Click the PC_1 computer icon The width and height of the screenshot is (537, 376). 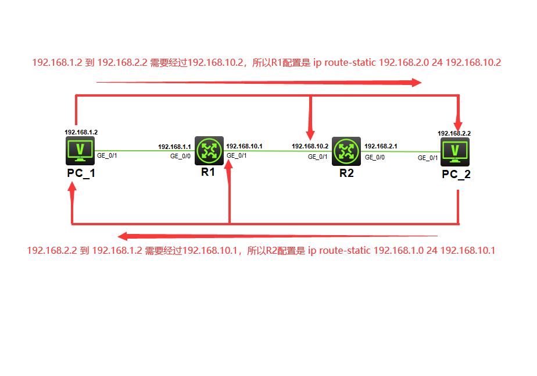pos(81,151)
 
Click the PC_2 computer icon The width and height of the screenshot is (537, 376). pos(456,151)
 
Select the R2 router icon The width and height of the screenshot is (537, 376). pos(346,151)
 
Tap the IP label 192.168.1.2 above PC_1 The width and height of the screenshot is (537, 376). pos(81,132)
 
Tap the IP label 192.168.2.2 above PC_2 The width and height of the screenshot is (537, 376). pos(454,133)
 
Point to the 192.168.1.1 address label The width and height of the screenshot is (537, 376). pos(174,147)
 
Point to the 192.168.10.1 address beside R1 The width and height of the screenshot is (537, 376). pos(244,146)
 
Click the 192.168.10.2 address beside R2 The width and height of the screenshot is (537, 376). pos(310,146)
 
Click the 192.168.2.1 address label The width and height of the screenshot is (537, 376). pos(381,146)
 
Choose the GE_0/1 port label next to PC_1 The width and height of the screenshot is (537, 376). pos(107,155)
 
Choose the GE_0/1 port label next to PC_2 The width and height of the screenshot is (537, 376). pos(428,157)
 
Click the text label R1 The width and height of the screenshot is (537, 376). pos(209,172)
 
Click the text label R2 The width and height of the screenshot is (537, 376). pos(346,173)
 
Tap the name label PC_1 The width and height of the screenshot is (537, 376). pos(80,174)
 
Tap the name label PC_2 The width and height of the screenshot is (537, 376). pos(456,175)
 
